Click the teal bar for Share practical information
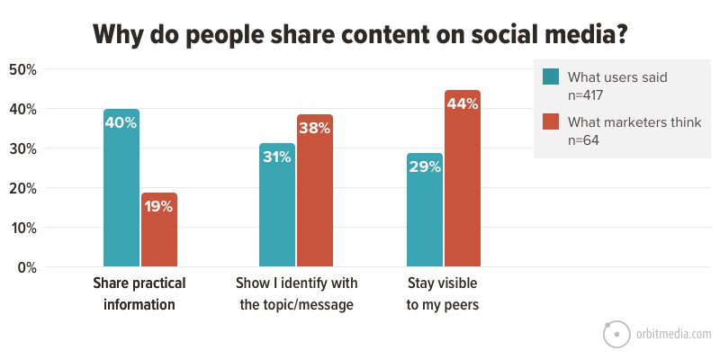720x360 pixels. pos(121,189)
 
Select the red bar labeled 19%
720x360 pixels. pos(159,230)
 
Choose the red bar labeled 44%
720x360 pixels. pos(463,179)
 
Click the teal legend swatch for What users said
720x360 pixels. pos(551,76)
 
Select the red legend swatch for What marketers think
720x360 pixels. pos(551,122)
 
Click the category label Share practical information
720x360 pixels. pos(139,293)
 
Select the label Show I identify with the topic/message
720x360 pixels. pos(296,293)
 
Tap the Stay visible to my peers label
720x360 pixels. pos(442,293)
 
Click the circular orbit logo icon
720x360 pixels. pos(616,334)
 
